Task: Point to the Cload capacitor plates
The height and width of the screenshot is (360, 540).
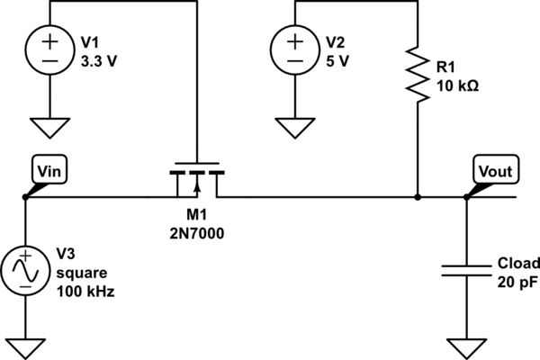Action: tap(466, 269)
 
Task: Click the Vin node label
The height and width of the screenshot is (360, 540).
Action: tap(47, 167)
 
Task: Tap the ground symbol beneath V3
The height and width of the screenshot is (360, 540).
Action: tap(24, 346)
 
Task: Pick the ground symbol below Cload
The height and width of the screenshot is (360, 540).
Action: tap(466, 346)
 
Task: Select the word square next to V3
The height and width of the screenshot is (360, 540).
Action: tap(78, 274)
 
